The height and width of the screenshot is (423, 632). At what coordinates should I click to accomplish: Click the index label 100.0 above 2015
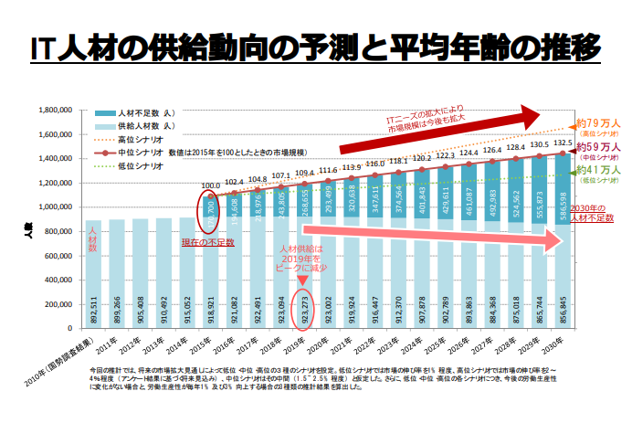tap(210, 185)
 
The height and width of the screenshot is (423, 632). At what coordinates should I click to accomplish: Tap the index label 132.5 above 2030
tap(563, 143)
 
